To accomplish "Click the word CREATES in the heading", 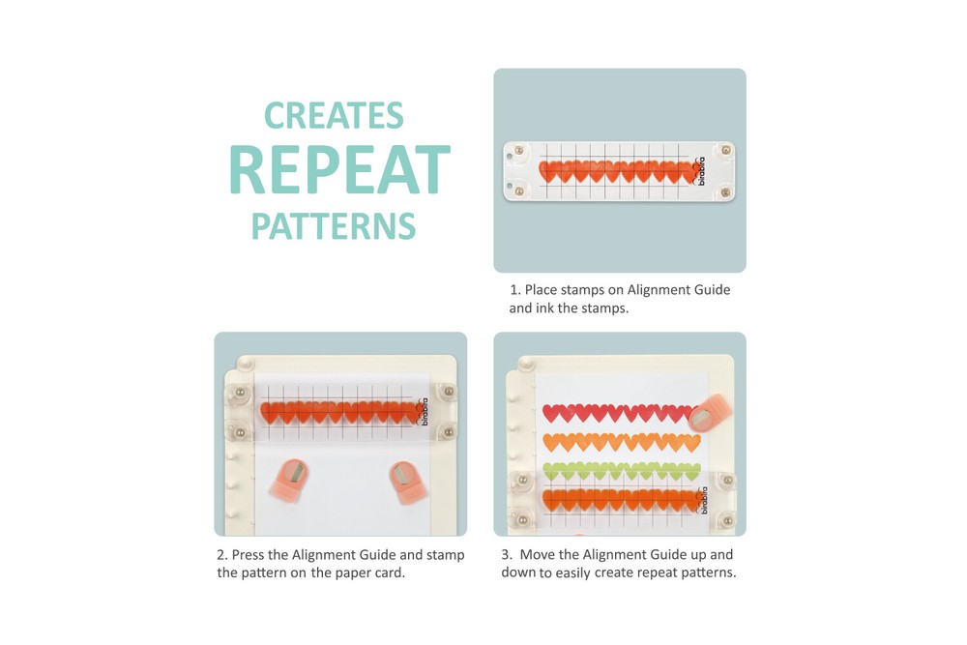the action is [x=334, y=115].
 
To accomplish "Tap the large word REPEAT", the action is [x=339, y=169].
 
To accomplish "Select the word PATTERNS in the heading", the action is [x=334, y=225].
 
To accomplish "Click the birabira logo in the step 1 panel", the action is [x=699, y=171].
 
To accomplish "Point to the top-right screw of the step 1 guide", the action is [x=726, y=150].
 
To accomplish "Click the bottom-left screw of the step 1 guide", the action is [x=519, y=191].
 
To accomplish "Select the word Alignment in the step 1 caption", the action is [x=656, y=289].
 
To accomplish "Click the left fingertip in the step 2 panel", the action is [x=289, y=478].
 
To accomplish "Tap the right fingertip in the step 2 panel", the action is [x=407, y=482].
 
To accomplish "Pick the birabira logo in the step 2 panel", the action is [x=423, y=412].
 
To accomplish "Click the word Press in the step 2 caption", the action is [x=249, y=554].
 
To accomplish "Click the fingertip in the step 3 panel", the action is [x=710, y=413].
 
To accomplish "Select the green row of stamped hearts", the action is [x=622, y=472].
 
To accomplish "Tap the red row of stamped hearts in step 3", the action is [x=617, y=413].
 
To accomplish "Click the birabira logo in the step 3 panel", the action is [x=703, y=500].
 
